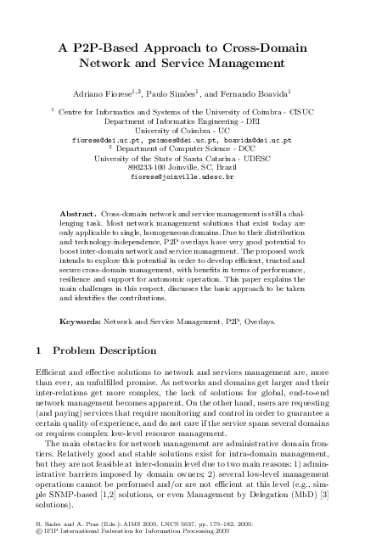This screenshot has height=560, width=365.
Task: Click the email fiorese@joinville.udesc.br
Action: [x=182, y=176]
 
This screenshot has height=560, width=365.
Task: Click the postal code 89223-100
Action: [x=148, y=167]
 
